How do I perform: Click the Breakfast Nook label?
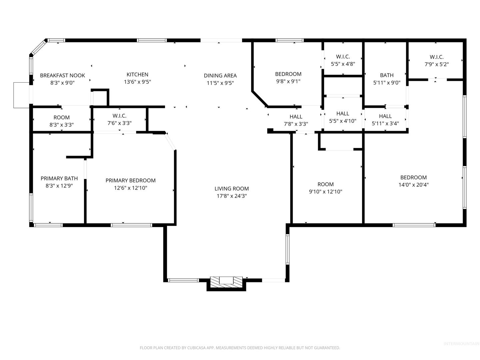click(62, 75)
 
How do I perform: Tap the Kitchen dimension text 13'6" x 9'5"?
click(137, 82)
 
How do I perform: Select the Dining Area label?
click(220, 76)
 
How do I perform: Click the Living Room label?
click(232, 188)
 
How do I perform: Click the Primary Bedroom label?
click(131, 180)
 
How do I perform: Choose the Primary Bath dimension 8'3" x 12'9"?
click(59, 186)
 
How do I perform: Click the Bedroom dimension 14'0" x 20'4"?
click(414, 185)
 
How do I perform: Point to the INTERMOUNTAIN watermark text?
click(461, 344)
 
